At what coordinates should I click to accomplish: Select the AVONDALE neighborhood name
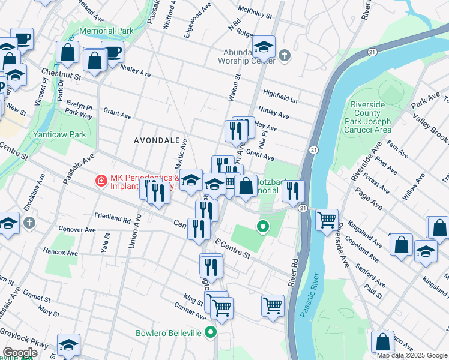(x=157, y=140)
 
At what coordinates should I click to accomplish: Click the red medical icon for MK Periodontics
(x=101, y=179)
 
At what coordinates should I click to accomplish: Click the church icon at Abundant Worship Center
(x=285, y=57)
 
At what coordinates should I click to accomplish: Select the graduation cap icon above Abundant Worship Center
(x=263, y=46)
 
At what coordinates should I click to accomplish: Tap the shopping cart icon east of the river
(x=327, y=220)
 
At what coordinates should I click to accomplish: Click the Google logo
(x=20, y=352)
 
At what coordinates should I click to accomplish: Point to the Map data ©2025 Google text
(x=412, y=355)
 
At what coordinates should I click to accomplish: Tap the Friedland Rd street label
(x=112, y=216)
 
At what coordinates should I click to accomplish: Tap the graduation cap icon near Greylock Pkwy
(x=68, y=344)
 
